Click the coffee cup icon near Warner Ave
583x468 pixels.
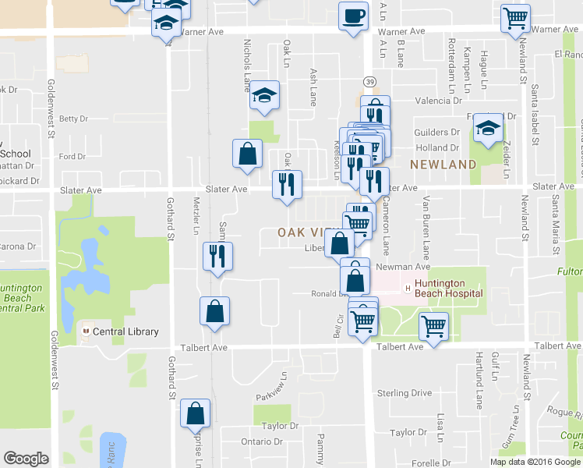[x=353, y=16]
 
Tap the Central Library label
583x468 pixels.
[x=125, y=331]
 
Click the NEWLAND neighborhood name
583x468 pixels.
[x=443, y=165]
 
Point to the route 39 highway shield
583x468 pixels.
[x=369, y=81]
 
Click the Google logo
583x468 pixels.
[x=26, y=459]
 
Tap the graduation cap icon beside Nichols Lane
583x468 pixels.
[x=264, y=96]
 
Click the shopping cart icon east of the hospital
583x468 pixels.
[x=433, y=326]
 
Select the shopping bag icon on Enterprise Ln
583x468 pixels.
[x=196, y=413]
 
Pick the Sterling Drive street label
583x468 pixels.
[x=404, y=392]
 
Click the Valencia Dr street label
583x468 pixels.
[x=434, y=101]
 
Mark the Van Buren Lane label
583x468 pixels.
[x=426, y=227]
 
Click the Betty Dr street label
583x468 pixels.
[x=73, y=119]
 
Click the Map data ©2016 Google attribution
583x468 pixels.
[x=535, y=462]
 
